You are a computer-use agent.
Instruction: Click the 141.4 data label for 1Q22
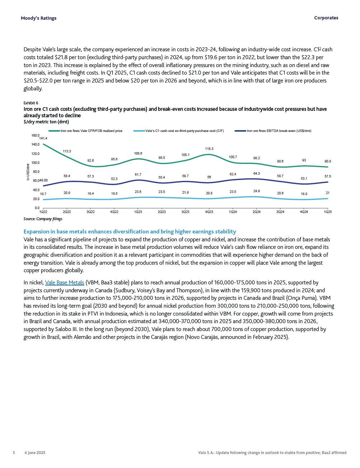tap(43, 138)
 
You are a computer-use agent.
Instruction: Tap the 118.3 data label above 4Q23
tap(209, 149)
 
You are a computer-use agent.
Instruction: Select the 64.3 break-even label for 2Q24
tap(256, 174)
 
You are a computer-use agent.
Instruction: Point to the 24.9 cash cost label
tap(256, 192)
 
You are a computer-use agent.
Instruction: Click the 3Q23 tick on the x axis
tap(185, 212)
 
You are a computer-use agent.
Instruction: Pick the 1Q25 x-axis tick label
tap(328, 212)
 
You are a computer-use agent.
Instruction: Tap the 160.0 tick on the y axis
tap(35, 136)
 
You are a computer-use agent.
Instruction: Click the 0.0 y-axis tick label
tap(37, 208)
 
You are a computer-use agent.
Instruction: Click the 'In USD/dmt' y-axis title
tap(28, 172)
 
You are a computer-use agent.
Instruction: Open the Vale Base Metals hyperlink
tap(65, 283)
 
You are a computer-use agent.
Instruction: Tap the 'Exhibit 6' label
tap(31, 103)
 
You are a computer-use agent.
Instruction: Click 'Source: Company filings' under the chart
tap(43, 219)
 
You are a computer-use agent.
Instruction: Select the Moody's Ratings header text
tap(38, 18)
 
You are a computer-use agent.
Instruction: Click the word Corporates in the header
tap(326, 18)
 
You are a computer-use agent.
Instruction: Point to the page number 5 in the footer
tap(14, 453)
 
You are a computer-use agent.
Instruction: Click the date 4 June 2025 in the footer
tap(35, 453)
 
